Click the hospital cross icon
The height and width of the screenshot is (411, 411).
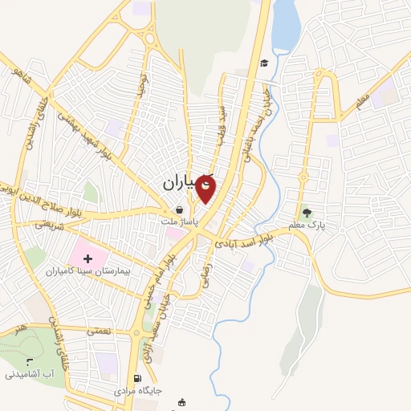click(87, 258)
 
